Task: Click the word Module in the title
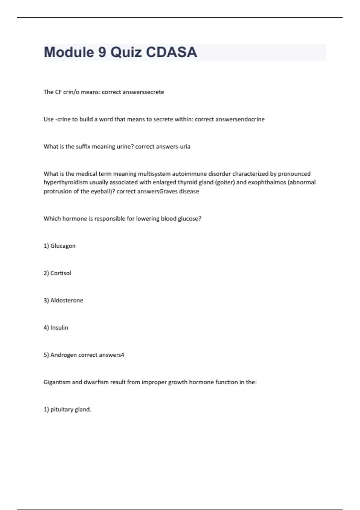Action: click(x=69, y=52)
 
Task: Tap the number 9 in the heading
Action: click(x=102, y=52)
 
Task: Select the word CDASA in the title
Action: click(x=171, y=52)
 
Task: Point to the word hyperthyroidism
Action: click(x=66, y=182)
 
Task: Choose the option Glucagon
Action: click(x=63, y=246)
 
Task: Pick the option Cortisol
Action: click(x=61, y=273)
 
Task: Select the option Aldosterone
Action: click(x=67, y=301)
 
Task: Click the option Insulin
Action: click(x=59, y=328)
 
